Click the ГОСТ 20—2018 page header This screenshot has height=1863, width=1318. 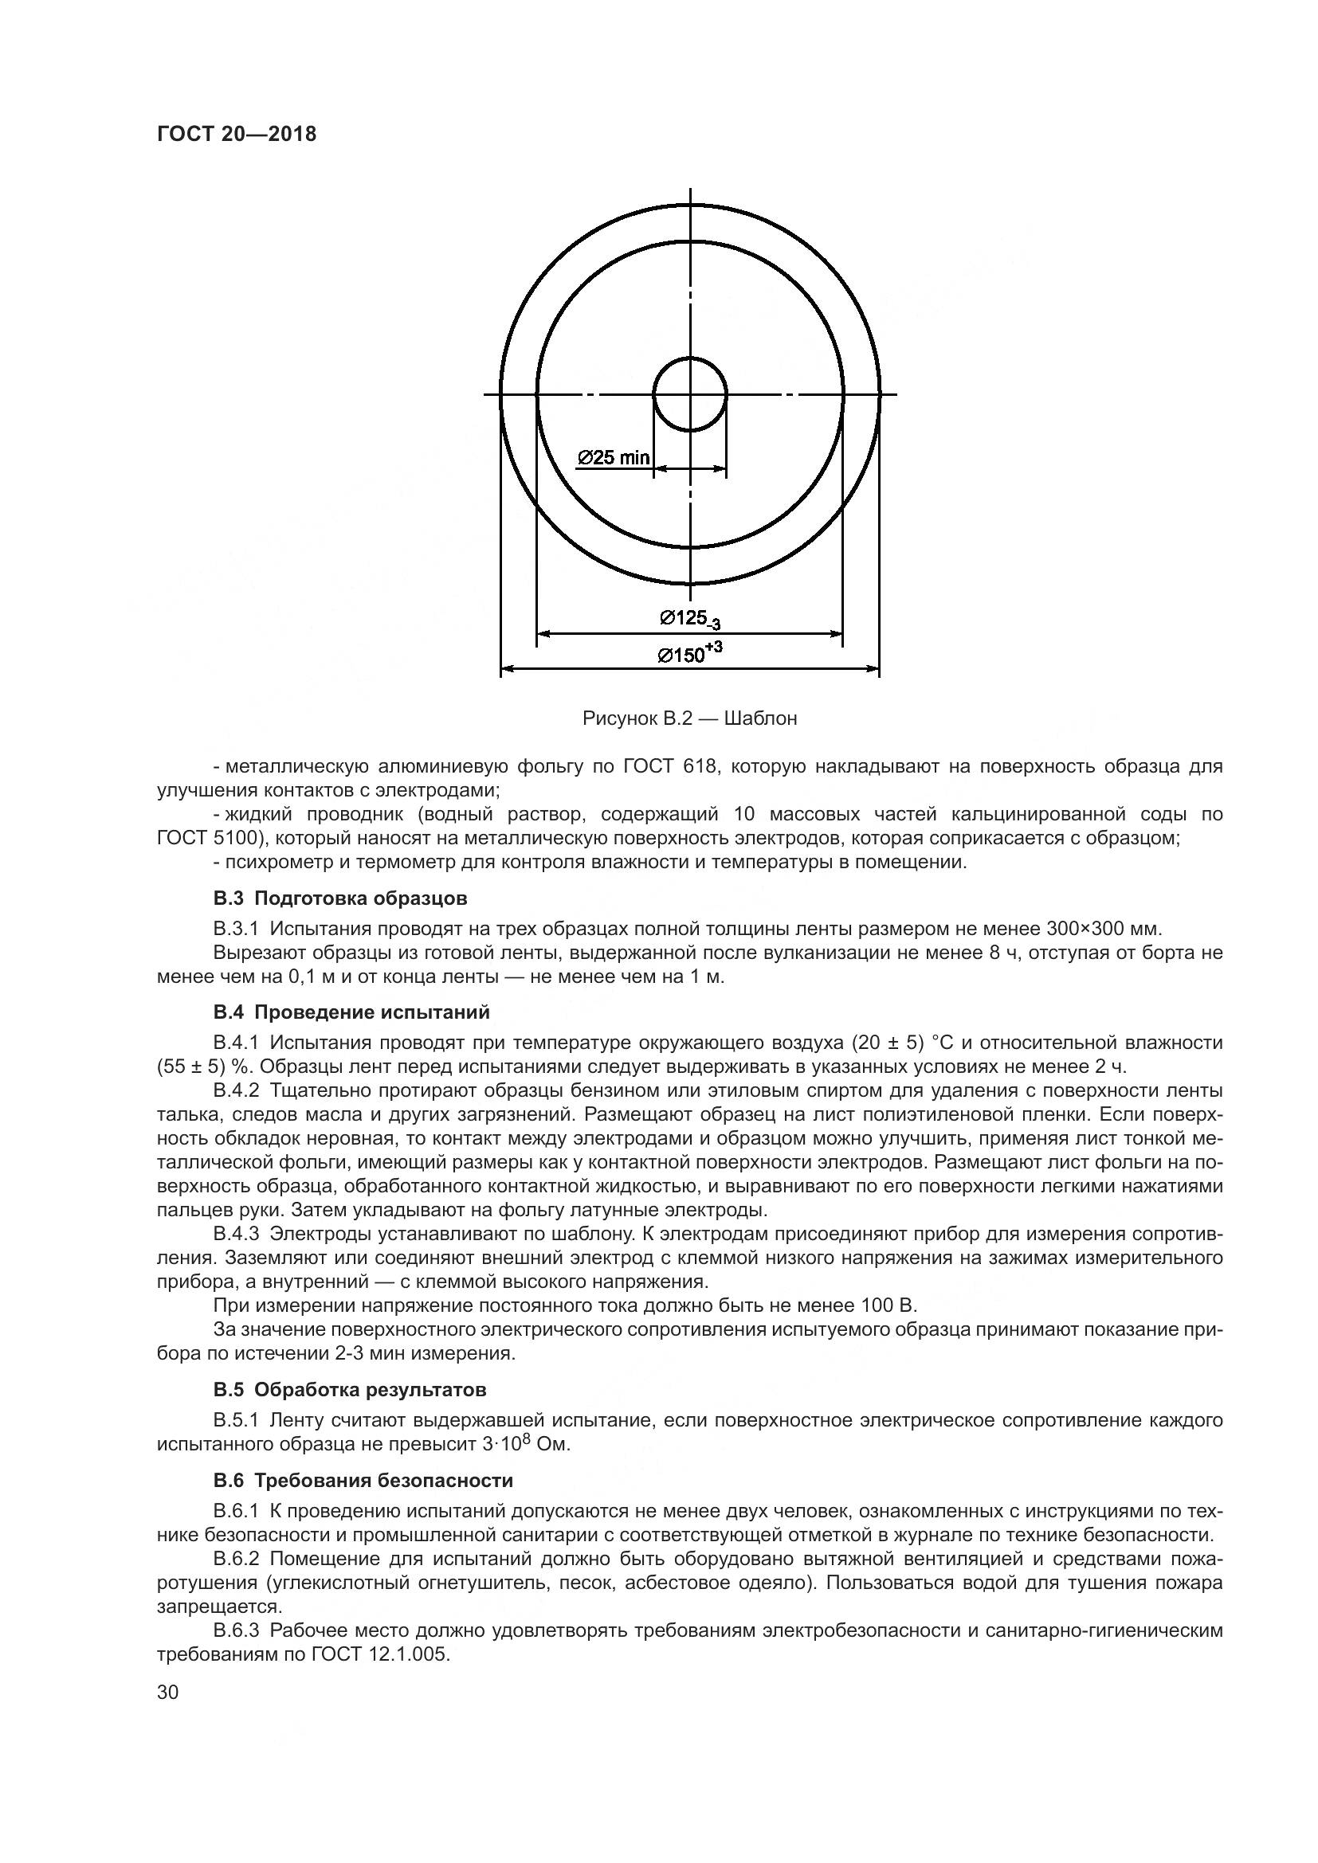click(x=236, y=134)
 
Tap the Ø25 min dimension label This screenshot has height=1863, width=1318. click(x=613, y=459)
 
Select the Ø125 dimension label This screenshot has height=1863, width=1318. click(x=690, y=620)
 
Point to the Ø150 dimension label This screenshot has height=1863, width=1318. click(x=690, y=653)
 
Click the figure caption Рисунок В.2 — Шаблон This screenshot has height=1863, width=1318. click(x=690, y=719)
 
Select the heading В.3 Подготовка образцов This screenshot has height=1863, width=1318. click(x=340, y=898)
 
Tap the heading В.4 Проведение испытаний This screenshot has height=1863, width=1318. click(x=351, y=1012)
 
